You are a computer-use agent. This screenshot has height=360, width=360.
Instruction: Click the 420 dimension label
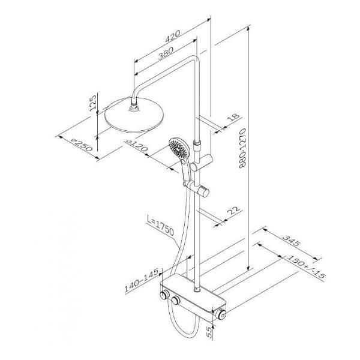[x=173, y=36]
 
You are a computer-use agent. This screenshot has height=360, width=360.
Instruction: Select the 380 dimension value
[x=166, y=53]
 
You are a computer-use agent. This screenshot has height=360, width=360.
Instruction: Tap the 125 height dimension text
[x=93, y=103]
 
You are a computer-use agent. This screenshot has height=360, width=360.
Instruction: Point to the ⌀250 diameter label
[x=82, y=145]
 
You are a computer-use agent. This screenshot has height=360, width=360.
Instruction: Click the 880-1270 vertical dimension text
[x=242, y=148]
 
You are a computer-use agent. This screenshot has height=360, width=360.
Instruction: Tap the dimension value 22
[x=233, y=211]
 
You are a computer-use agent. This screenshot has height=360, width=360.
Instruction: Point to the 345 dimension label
[x=291, y=240]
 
